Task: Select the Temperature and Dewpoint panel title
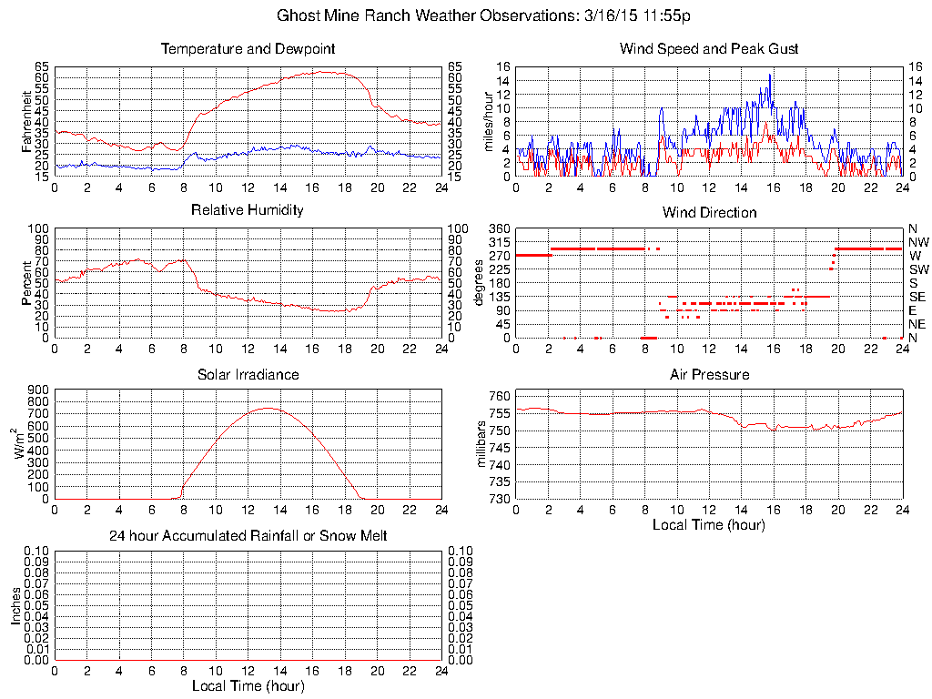[x=248, y=48]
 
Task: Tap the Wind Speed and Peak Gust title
[x=709, y=48]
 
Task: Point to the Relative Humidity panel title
[x=248, y=210]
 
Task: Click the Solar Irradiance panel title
[x=248, y=374]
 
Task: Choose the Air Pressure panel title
[x=709, y=374]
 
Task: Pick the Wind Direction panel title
[x=709, y=212]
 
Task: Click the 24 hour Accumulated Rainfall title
[x=248, y=536]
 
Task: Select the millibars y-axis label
[x=482, y=444]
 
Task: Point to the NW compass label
[x=917, y=242]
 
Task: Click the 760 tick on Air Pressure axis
[x=499, y=396]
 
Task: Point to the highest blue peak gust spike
[x=770, y=75]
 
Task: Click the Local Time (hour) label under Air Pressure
[x=709, y=525]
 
